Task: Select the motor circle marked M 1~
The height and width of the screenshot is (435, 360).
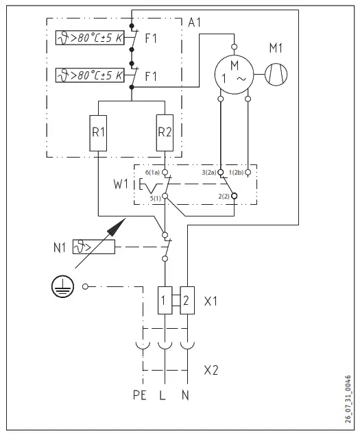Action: coord(235,72)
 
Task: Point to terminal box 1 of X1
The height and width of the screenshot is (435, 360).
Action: coord(165,301)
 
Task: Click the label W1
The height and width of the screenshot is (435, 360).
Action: coord(121,185)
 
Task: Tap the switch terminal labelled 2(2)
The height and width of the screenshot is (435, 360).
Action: coord(235,195)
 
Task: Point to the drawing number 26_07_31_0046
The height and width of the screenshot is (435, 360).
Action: coord(348,399)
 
